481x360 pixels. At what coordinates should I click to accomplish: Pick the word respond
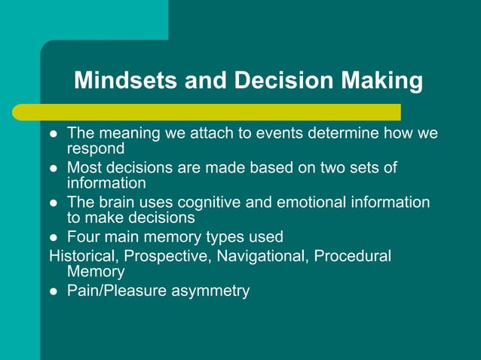tap(97, 148)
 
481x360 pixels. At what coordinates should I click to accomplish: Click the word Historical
tap(81, 255)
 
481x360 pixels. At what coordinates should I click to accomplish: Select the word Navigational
tap(264, 255)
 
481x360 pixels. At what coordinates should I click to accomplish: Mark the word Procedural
tap(352, 255)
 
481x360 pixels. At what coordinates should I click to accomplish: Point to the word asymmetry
tap(212, 291)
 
